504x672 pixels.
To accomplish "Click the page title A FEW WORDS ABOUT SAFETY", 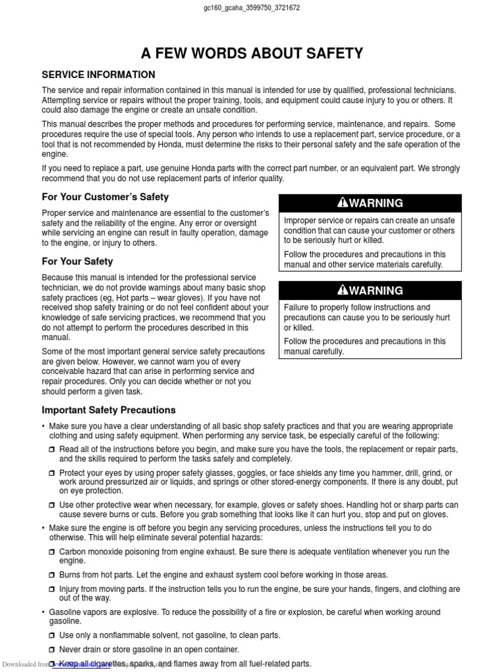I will (252, 53).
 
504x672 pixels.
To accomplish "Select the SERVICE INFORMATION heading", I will (98, 75).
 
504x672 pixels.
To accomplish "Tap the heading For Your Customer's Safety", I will (105, 197).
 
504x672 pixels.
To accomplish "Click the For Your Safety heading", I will (77, 261).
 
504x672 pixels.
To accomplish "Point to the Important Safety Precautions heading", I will (108, 410).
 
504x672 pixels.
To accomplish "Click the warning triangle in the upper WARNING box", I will (343, 203).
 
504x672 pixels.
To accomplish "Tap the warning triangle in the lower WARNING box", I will (343, 291).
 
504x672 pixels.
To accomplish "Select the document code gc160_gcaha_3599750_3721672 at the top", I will (252, 8).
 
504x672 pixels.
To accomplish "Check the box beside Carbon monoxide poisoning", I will (52, 553).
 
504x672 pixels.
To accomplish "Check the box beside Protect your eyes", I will (52, 473).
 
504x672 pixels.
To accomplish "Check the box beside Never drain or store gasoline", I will (52, 650).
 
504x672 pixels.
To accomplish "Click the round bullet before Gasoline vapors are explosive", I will (44, 612).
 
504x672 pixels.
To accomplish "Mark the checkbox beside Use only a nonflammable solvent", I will (52, 636).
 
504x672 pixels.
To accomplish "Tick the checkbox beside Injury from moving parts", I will (52, 590).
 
